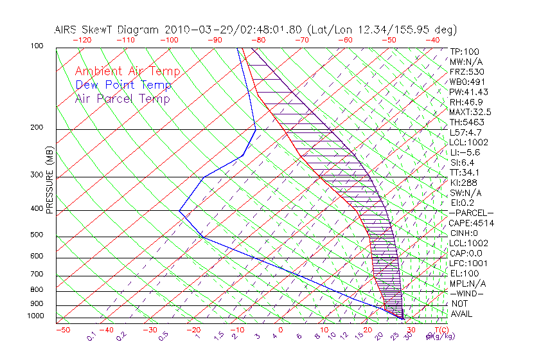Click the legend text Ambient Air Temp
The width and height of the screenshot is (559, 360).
pos(127,71)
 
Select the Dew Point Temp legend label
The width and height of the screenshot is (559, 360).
pos(123,85)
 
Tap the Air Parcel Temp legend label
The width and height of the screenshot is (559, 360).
pos(122,98)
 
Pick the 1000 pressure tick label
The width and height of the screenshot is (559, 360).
pos(36,316)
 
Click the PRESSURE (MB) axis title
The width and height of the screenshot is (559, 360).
pos(49,181)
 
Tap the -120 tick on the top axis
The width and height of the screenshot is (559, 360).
pos(82,40)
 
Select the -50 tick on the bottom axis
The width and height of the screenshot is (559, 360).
pos(62,330)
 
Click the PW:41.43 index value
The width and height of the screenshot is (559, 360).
pos(469,92)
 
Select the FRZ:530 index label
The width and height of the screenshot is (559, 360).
pos(466,71)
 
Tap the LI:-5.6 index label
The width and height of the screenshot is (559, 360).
pos(466,152)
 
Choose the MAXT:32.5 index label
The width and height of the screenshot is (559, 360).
pos(471,112)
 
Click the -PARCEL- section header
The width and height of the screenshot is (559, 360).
pos(472,213)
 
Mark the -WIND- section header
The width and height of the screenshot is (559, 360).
pos(467,294)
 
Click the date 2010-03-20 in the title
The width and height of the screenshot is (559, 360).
pos(192,30)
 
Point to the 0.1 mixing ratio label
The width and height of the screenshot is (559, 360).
pos(92,336)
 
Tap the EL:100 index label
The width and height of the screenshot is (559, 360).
pos(465,273)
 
